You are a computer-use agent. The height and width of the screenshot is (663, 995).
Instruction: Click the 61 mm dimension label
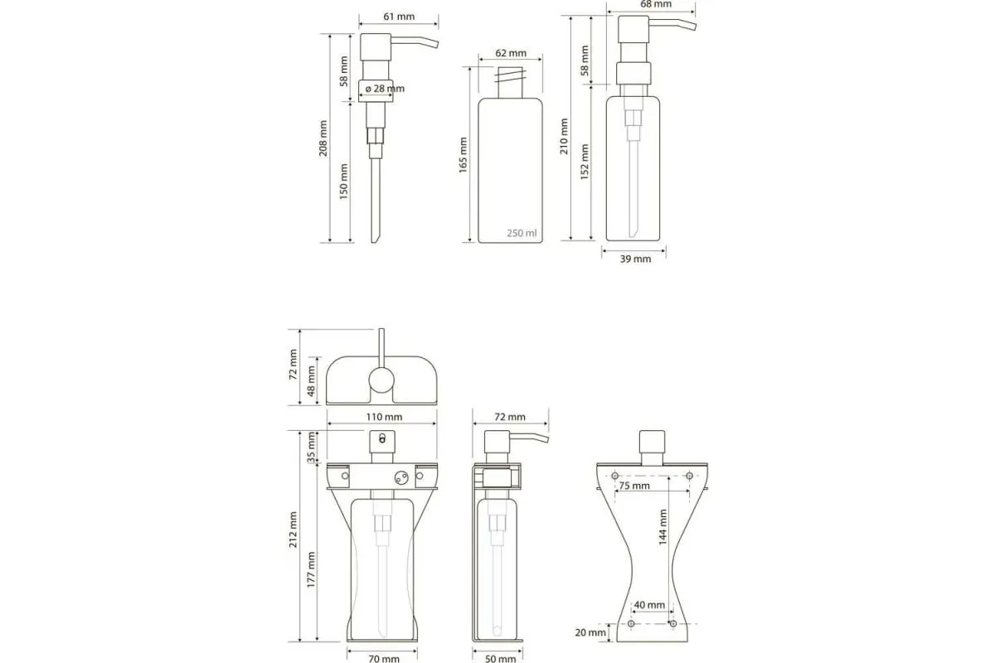point(399,17)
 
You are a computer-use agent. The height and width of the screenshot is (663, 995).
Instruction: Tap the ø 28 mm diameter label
point(385,89)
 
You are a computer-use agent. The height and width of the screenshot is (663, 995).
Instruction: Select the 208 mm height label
point(323,138)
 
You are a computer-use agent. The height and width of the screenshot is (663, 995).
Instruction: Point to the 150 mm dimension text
point(344,181)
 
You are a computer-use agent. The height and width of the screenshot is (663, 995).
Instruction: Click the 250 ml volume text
point(522,233)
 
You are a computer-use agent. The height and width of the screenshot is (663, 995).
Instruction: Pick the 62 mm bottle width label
point(511,53)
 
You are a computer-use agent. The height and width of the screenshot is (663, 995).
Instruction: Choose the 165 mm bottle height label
point(464,155)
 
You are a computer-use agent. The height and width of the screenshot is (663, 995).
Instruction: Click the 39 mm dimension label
point(635,259)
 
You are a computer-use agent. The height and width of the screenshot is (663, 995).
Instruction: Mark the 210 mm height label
point(564,136)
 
